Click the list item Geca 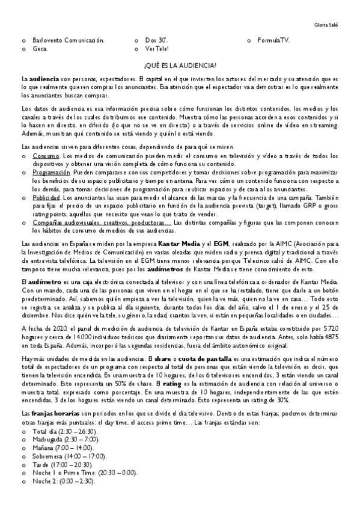click(40, 49)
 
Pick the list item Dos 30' click(154, 40)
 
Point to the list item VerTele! click(157, 49)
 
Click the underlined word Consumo click(46, 156)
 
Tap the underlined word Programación click(52, 173)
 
